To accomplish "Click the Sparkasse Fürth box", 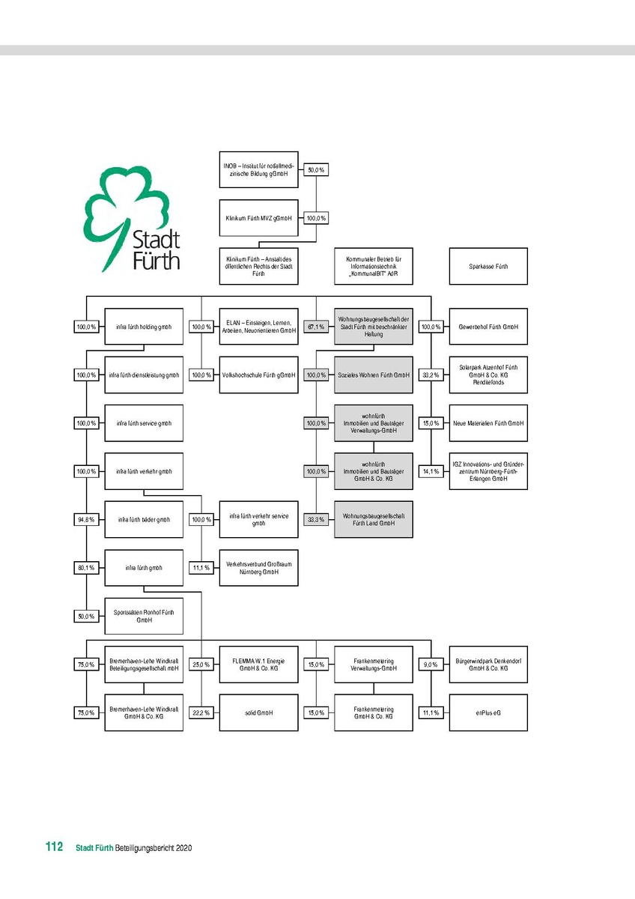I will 487,266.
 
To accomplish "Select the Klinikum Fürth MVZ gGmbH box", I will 258,218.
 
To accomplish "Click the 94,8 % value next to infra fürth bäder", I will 86,519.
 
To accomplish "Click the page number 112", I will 53,847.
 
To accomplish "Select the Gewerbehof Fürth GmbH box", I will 487,327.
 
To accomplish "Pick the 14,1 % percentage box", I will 431,471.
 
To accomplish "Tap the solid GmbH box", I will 258,712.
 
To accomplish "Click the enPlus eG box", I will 487,712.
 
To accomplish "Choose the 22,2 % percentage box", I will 201,712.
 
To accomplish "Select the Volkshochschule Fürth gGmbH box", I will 258,375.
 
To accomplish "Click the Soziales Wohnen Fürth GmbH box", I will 373,375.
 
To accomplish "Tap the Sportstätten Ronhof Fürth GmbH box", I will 144,616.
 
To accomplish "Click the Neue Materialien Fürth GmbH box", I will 487,423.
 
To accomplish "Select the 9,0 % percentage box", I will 431,665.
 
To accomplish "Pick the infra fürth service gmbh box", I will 144,423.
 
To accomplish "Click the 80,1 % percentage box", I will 86,568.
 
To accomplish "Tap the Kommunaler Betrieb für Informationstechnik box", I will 373,266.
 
